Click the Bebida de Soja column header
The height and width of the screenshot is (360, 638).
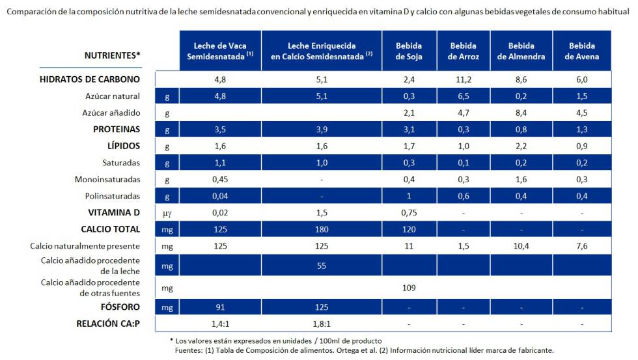click(409, 51)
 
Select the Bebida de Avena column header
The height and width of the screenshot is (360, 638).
click(582, 51)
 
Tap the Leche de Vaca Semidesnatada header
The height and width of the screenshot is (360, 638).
click(220, 51)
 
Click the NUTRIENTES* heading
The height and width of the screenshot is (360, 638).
click(113, 55)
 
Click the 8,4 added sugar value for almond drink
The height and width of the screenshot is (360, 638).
click(521, 113)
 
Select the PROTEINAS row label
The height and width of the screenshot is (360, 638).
click(117, 129)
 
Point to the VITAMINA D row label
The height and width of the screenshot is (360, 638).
click(114, 212)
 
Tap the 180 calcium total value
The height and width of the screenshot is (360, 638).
click(322, 229)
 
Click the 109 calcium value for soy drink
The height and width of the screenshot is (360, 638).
click(409, 287)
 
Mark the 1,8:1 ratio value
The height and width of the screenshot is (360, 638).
click(322, 323)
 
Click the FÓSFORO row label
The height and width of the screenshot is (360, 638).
click(119, 306)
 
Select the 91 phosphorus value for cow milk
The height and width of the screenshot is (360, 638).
click(220, 306)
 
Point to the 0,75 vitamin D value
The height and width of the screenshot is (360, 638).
click(409, 212)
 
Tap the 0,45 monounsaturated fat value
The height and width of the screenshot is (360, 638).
click(220, 179)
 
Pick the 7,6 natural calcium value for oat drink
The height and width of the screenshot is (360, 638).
click(582, 246)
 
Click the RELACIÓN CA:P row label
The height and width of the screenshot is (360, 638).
click(108, 323)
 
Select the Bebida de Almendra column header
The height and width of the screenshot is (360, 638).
click(521, 51)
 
